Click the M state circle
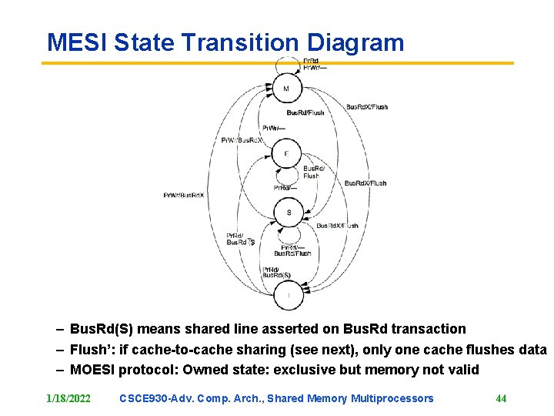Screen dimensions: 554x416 pyautogui.click(x=286, y=89)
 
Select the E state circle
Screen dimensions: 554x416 pyautogui.click(x=286, y=154)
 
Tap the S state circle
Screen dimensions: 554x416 pyautogui.click(x=289, y=213)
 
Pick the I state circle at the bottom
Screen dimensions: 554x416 pyautogui.click(x=289, y=294)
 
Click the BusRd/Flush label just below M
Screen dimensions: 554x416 pyautogui.click(x=305, y=112)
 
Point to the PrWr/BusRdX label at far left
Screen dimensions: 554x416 pyautogui.click(x=183, y=195)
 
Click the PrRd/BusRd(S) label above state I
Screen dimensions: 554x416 pyautogui.click(x=276, y=272)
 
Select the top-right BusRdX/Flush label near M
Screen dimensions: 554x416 pyautogui.click(x=367, y=107)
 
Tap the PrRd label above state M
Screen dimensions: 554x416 pyautogui.click(x=310, y=61)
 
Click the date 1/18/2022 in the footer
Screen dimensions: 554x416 pyautogui.click(x=68, y=398)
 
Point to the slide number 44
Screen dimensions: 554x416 pyautogui.click(x=501, y=398)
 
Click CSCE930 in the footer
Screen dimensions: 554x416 pyautogui.click(x=146, y=398)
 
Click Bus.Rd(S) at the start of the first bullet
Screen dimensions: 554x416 pyautogui.click(x=102, y=329)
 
